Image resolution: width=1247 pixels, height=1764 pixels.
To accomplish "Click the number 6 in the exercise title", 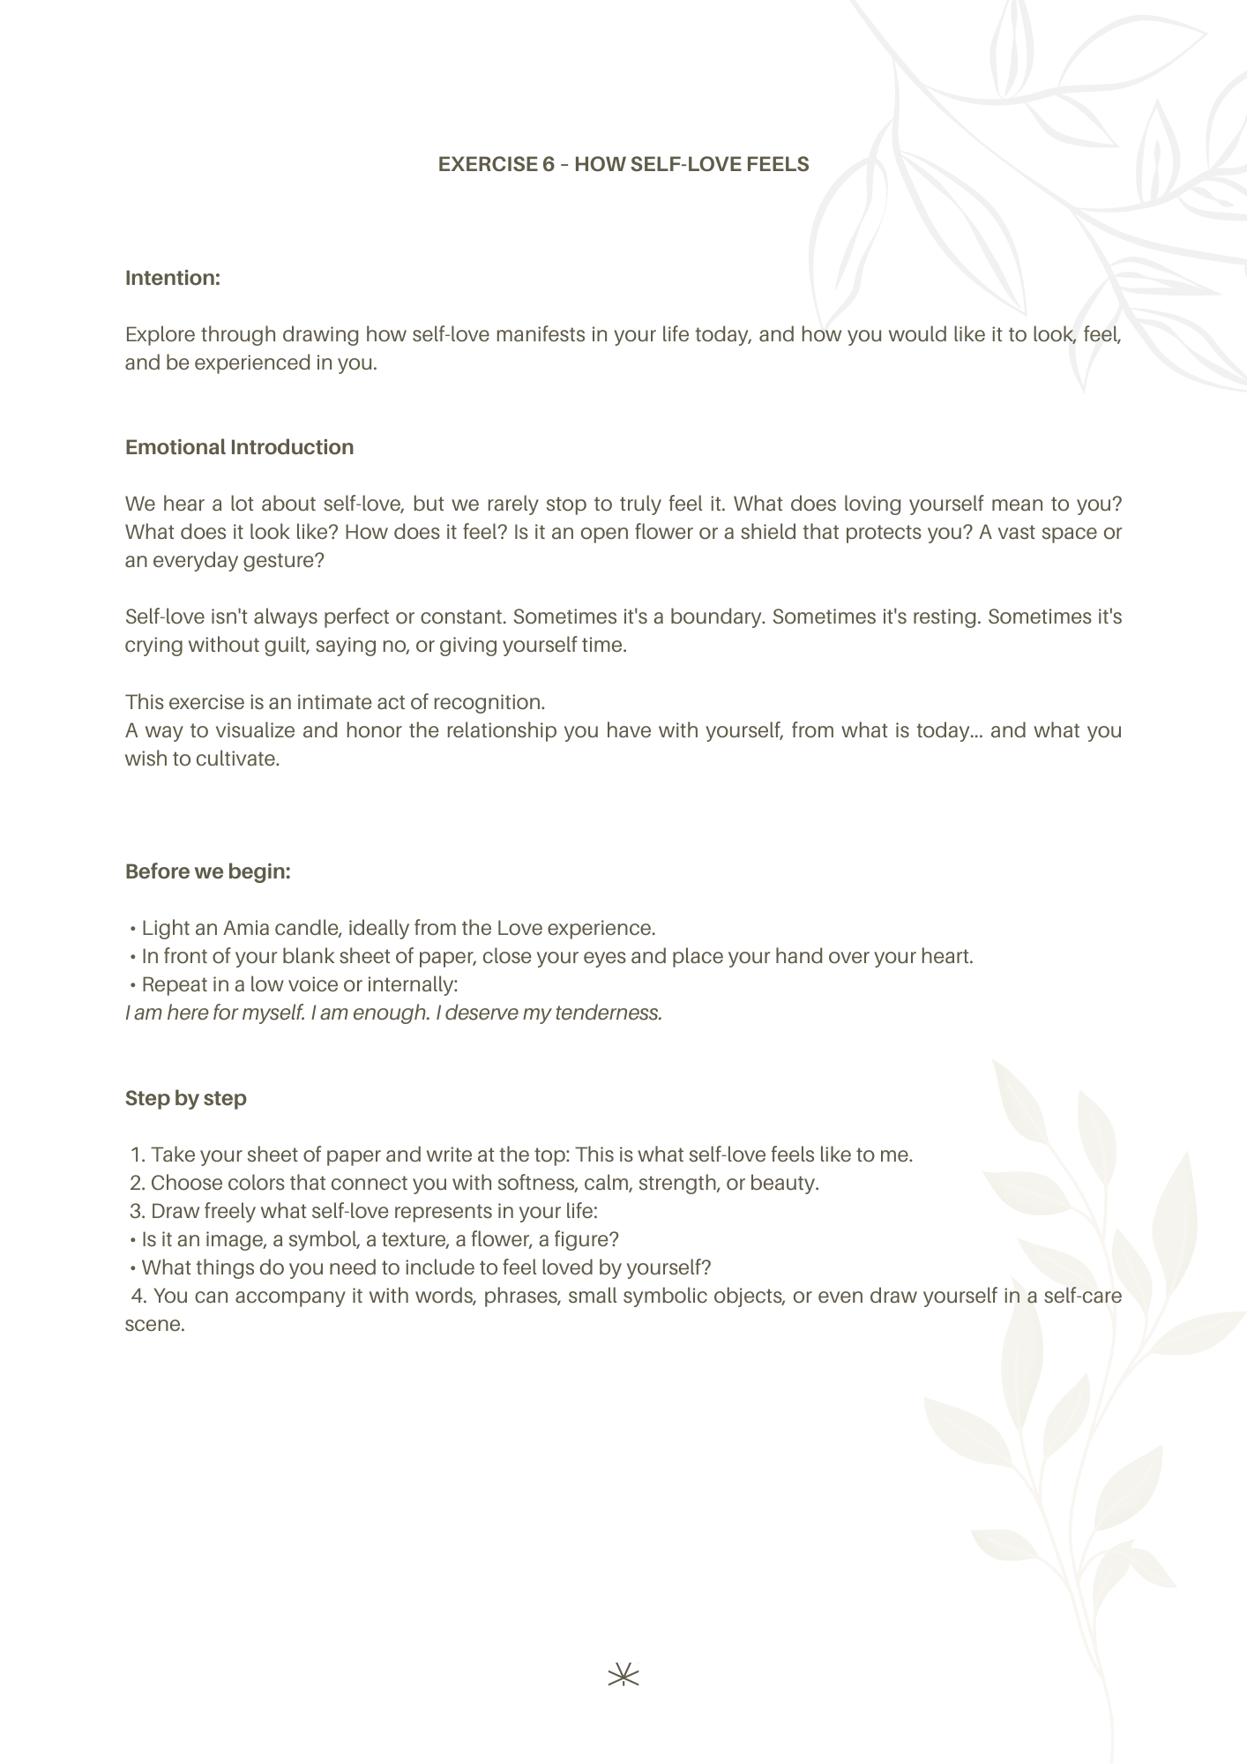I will (549, 165).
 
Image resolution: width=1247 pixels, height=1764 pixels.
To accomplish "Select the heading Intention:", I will (172, 278).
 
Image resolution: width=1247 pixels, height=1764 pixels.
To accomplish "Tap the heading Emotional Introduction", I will (239, 447).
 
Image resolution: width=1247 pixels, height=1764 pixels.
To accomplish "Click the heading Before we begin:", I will (207, 871).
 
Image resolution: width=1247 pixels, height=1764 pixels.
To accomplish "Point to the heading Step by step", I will (185, 1098).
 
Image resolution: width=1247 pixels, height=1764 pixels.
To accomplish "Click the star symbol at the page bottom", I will (623, 1674).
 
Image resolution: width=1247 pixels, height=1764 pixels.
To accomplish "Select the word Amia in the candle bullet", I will (246, 928).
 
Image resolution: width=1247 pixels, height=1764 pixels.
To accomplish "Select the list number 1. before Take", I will (138, 1155).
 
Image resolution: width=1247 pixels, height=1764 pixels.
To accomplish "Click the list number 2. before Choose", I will (138, 1183).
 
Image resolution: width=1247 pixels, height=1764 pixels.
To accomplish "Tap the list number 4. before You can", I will (139, 1296).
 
